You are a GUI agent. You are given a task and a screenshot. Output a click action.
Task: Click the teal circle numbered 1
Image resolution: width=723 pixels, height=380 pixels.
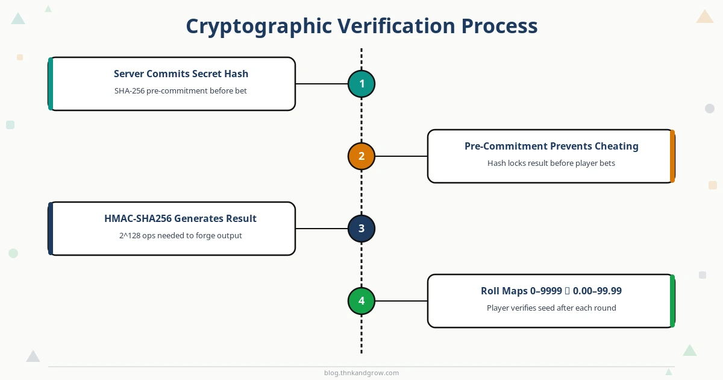[x=361, y=84]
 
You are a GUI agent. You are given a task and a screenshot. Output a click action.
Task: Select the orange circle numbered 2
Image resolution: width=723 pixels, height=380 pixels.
[x=361, y=156]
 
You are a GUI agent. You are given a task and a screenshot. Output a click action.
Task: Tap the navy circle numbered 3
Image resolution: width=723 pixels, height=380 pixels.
[x=361, y=229]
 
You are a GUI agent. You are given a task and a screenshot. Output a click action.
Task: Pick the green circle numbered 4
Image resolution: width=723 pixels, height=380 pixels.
[x=361, y=301]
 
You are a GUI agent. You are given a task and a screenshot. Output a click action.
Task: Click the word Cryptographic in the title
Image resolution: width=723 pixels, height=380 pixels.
[x=259, y=27]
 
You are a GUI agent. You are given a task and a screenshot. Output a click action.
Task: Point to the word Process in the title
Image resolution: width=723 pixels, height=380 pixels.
[x=499, y=26]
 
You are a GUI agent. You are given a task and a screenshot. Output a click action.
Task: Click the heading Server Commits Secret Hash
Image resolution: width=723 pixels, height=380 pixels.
[x=181, y=74]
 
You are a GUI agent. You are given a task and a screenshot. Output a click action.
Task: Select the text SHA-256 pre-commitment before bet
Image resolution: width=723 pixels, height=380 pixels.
[x=180, y=91]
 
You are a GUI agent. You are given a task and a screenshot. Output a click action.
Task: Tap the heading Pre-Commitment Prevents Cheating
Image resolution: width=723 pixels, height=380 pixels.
[x=551, y=146]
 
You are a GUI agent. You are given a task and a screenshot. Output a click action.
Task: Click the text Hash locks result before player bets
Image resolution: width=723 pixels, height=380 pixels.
[x=551, y=163]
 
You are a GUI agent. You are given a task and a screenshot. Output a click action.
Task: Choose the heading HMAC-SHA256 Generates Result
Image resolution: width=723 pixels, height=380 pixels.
[x=180, y=218]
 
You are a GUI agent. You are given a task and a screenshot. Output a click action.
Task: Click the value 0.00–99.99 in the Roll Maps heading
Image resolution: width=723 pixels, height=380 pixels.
[x=597, y=291]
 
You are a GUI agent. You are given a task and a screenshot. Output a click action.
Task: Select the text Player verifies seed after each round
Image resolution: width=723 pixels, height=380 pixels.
[x=551, y=308]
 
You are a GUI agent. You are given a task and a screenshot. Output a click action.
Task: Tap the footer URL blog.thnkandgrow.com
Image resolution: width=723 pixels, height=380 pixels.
[x=361, y=373]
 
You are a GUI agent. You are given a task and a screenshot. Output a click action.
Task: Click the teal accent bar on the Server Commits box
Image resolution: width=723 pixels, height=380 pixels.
[x=51, y=84]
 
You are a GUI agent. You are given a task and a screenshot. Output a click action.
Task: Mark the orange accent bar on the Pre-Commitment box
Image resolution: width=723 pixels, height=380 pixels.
[x=672, y=156]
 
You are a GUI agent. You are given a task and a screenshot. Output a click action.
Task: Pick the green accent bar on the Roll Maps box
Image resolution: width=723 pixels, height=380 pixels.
[x=672, y=301]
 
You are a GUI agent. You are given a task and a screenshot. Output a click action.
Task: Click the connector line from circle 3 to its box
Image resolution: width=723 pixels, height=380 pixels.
[x=322, y=229]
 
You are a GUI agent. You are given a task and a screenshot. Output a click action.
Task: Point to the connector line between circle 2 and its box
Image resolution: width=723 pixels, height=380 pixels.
[x=401, y=156]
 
